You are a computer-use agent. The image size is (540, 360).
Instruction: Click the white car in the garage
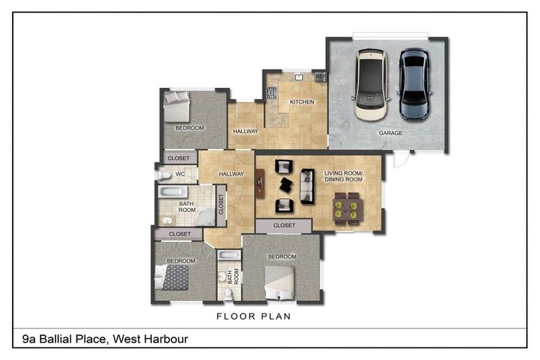pyautogui.click(x=371, y=84)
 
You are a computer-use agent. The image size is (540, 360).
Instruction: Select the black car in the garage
pyautogui.click(x=413, y=84)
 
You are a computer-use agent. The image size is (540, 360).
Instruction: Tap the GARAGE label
pyautogui.click(x=390, y=133)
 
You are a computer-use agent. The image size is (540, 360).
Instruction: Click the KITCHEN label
pyautogui.click(x=302, y=103)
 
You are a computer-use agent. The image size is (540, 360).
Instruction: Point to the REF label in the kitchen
pyautogui.click(x=320, y=77)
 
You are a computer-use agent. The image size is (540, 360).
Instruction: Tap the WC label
pyautogui.click(x=179, y=174)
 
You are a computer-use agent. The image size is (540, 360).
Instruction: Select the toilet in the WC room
pyautogui.click(x=163, y=174)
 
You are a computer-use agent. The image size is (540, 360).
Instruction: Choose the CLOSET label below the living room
pyautogui.click(x=283, y=226)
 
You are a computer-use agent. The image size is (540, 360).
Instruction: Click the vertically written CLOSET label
pyautogui.click(x=221, y=205)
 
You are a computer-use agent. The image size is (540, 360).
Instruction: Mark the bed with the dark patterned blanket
pyautogui.click(x=175, y=276)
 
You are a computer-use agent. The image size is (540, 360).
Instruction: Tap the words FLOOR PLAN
pyautogui.click(x=253, y=317)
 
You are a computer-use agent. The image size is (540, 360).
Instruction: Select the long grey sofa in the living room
pyautogui.click(x=307, y=186)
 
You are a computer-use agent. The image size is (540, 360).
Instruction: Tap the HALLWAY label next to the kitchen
pyautogui.click(x=246, y=131)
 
